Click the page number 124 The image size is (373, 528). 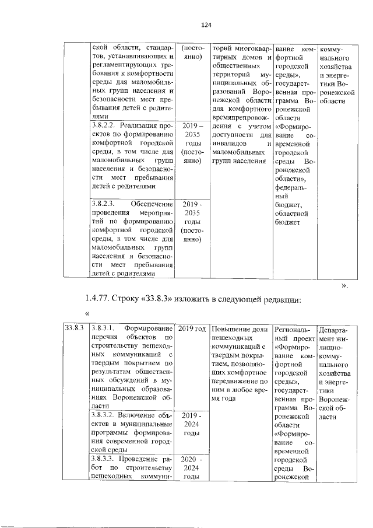[205, 25]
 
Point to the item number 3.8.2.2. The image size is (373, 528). [105, 125]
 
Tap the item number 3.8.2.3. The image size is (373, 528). [105, 204]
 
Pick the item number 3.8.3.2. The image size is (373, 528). [105, 415]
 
